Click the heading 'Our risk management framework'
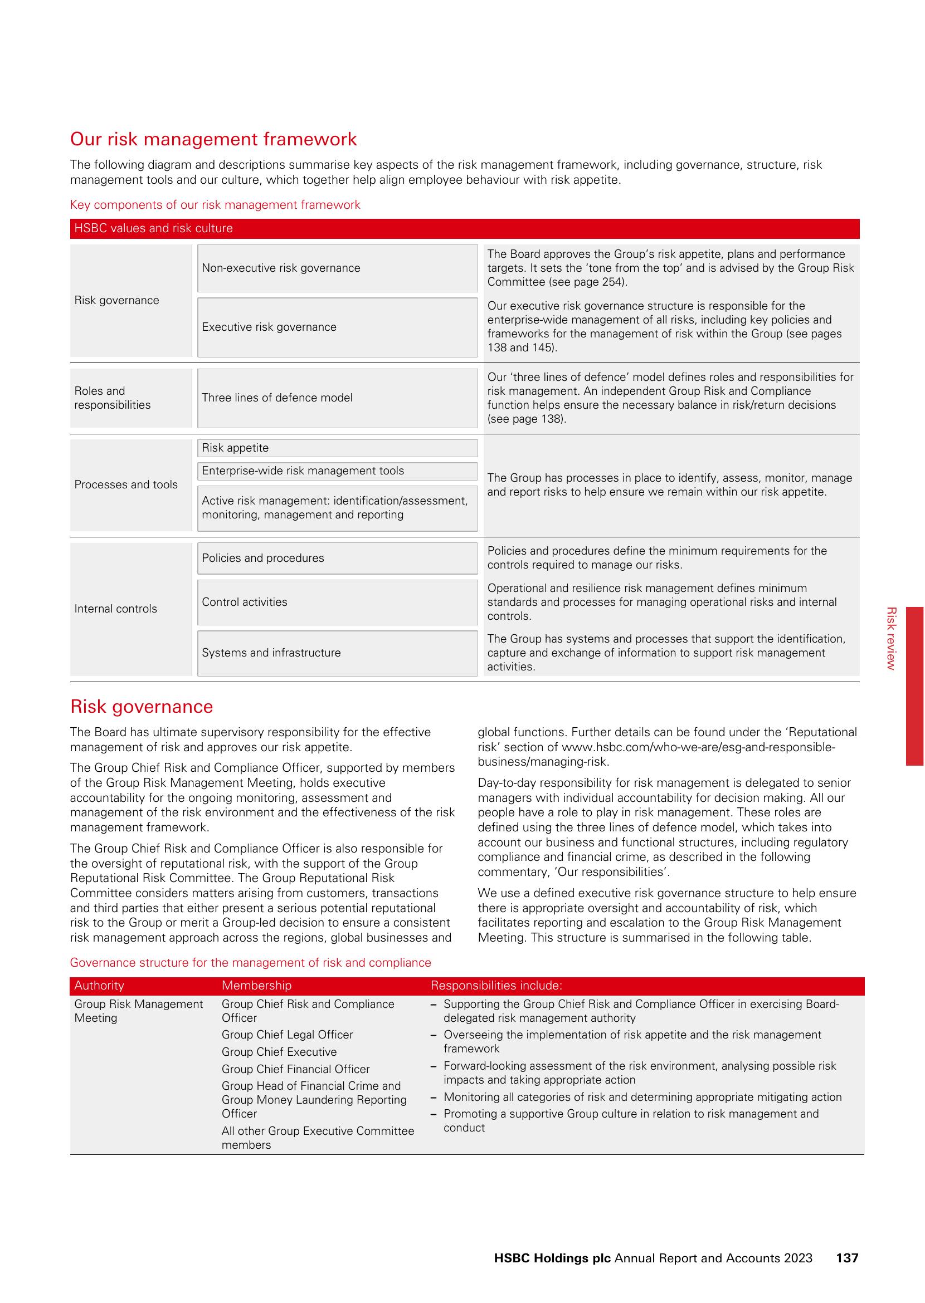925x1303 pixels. click(213, 139)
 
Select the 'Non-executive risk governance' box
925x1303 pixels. click(337, 268)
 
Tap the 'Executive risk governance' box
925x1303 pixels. click(337, 327)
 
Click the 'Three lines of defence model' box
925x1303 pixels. click(337, 398)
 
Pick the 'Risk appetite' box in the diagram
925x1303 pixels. click(337, 448)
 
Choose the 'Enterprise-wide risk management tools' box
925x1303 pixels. click(337, 471)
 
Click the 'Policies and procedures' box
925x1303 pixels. click(337, 559)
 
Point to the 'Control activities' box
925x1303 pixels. click(337, 602)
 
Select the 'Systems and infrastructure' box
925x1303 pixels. click(337, 653)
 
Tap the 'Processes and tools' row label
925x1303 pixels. click(126, 485)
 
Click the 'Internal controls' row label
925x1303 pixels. click(116, 609)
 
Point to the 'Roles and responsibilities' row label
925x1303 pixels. click(113, 398)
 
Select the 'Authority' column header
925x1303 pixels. click(99, 986)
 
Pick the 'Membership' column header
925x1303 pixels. click(256, 986)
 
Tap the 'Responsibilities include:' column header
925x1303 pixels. click(496, 986)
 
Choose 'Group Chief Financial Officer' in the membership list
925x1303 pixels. click(296, 1070)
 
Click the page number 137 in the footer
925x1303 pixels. click(847, 1258)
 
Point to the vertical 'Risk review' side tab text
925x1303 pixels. click(892, 638)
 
